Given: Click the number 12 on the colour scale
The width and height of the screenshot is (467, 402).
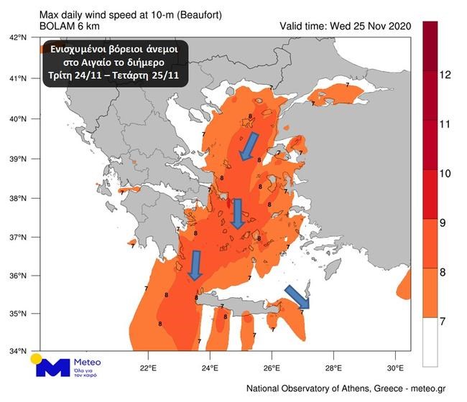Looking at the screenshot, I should coord(444,75).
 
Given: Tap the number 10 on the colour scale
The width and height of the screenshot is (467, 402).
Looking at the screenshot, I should coord(444,172).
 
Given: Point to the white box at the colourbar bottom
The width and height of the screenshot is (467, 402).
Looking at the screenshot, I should coord(431,342).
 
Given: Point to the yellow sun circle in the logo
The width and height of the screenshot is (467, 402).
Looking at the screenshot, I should coord(36,357).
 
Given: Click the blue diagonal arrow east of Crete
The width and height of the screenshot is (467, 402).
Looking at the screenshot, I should coord(297,296).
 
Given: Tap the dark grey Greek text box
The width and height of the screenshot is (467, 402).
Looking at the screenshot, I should coord(114,62).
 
